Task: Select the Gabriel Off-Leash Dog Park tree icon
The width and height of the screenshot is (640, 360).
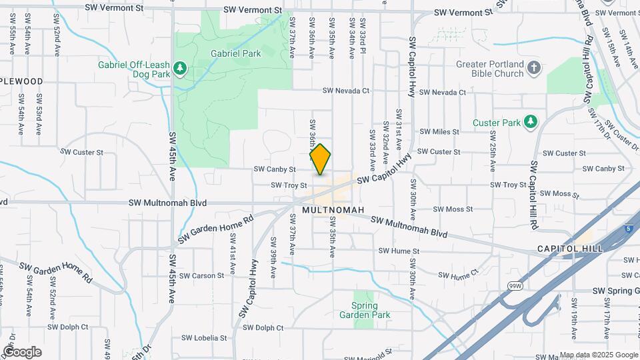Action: [179, 67]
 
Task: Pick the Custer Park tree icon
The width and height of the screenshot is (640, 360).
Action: [530, 122]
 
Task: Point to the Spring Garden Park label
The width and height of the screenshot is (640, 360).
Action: [365, 311]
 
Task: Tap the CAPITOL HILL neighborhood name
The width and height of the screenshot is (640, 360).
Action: [570, 248]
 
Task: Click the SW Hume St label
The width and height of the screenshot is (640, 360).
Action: [399, 251]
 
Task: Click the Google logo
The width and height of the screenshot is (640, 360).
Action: [22, 351]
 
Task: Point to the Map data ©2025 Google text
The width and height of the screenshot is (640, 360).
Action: [598, 355]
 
